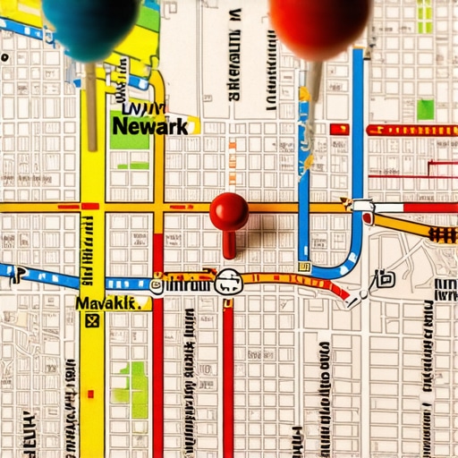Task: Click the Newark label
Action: (150, 125)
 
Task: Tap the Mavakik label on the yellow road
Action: (109, 304)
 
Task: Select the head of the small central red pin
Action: (229, 211)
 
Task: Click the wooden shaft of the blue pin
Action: (91, 103)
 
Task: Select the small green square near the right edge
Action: (425, 109)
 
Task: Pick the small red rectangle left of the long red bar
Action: (339, 130)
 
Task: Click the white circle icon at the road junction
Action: (229, 283)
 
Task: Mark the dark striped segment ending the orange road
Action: (442, 234)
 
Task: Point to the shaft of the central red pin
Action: (230, 243)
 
